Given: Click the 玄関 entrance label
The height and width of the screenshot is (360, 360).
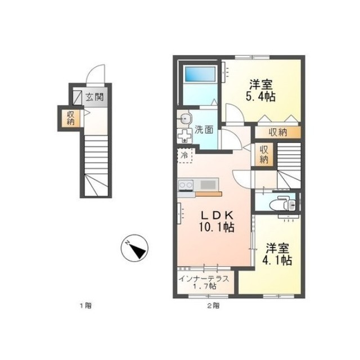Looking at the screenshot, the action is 94,97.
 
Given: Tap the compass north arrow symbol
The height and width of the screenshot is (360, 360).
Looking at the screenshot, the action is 134,248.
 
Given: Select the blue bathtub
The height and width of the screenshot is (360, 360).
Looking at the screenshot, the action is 200,74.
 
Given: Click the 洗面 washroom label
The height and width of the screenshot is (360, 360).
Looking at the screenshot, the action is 204,130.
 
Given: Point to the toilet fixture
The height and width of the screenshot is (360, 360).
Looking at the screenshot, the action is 283,203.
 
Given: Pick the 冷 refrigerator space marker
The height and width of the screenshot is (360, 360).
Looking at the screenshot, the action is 184,155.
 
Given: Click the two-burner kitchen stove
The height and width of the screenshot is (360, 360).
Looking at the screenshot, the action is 186,185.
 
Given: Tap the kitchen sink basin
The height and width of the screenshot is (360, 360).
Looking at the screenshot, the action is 208,185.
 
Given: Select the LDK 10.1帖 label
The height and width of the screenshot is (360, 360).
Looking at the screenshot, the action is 217,221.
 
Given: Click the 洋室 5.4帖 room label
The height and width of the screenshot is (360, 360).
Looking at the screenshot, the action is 261,90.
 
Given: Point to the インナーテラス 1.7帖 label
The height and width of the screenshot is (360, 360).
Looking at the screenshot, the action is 204,282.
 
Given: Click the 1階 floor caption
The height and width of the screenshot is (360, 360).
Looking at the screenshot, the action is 86,305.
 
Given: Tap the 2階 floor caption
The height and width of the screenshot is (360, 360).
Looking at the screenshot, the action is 214,305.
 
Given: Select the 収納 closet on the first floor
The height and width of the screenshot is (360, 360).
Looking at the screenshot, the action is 70,118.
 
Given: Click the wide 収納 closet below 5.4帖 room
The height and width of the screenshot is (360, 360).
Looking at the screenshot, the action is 278,133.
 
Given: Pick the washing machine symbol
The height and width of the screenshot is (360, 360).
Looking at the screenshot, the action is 184,136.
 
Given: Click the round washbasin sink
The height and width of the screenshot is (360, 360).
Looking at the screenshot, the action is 184,119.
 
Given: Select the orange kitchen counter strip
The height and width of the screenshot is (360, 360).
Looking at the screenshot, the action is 209,194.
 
